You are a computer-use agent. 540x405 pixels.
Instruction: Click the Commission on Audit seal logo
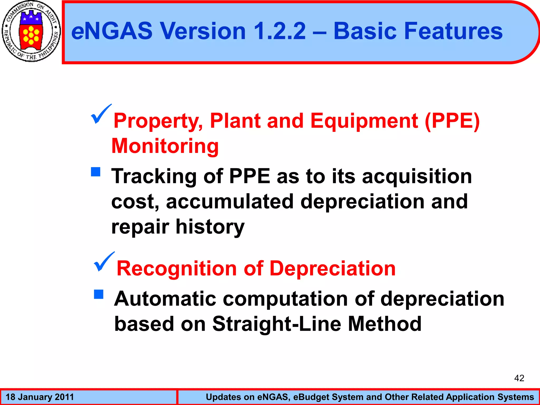tap(31, 31)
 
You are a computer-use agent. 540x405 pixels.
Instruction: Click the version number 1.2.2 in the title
tap(279, 31)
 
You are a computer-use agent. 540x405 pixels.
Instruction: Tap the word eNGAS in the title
tap(112, 31)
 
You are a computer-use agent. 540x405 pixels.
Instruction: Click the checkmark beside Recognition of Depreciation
tap(104, 262)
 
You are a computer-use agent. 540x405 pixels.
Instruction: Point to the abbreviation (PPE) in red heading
tap(452, 121)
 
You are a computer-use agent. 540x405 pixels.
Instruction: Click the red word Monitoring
tap(165, 146)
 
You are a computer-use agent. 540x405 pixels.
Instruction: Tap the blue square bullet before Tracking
tap(96, 172)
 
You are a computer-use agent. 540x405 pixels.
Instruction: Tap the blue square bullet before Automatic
tap(99, 294)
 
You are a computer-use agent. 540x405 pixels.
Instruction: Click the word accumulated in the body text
tap(230, 201)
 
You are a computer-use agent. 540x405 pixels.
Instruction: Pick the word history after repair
tap(210, 227)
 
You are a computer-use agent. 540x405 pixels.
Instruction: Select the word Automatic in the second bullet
tap(165, 299)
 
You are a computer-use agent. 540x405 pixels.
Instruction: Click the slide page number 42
tap(519, 378)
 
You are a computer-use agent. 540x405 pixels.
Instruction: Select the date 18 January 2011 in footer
tap(40, 397)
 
